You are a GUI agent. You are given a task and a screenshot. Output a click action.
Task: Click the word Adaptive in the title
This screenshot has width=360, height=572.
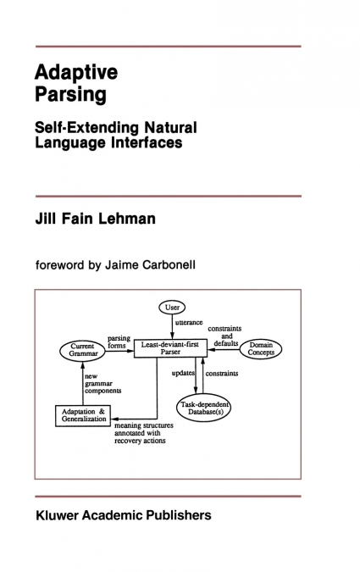coord(76,73)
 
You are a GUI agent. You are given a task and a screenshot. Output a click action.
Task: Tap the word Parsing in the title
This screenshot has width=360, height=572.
coord(71,94)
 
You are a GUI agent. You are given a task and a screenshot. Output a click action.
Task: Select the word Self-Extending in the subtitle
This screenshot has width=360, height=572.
coord(86,128)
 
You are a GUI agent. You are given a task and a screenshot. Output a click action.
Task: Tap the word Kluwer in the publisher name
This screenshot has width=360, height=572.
coord(58,515)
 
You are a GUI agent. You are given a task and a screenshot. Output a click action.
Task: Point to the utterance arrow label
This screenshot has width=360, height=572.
coord(189,323)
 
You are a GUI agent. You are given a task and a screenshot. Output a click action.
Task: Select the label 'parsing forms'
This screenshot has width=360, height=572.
coord(119,342)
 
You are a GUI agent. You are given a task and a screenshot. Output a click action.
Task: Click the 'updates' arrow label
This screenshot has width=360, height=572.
coord(183,373)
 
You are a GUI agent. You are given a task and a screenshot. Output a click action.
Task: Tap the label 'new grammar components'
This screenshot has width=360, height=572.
coord(102,383)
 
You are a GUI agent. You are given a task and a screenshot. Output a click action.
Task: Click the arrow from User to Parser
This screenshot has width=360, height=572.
coord(172,326)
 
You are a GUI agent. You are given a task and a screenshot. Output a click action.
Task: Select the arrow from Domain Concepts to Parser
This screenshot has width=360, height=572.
coord(224,349)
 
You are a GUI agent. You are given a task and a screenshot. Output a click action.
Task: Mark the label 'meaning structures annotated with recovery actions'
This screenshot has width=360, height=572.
coord(144,433)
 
